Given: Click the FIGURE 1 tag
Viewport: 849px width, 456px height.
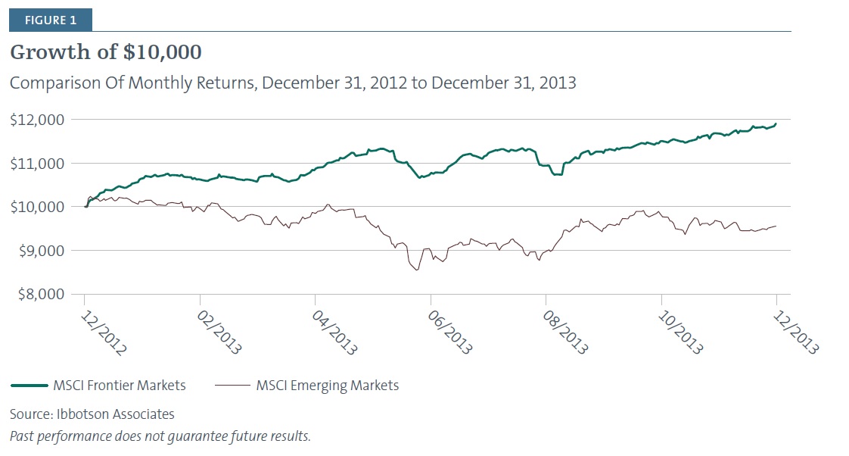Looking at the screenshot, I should point(50,20).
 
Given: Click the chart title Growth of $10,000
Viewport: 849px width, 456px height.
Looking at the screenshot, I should point(106,53).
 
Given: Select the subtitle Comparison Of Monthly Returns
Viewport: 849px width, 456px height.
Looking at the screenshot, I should point(293,83).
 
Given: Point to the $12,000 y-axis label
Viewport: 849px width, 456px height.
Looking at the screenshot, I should point(38,120).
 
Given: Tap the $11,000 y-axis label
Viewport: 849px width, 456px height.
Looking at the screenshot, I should point(38,164).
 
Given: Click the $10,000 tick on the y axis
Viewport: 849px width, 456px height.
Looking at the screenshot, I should point(38,207).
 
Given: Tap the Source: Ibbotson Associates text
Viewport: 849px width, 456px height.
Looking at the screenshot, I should point(92,414).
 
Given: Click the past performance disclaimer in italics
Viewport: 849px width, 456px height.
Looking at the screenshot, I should point(160,436).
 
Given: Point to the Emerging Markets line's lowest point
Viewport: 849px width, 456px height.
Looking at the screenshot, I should point(417,270).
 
